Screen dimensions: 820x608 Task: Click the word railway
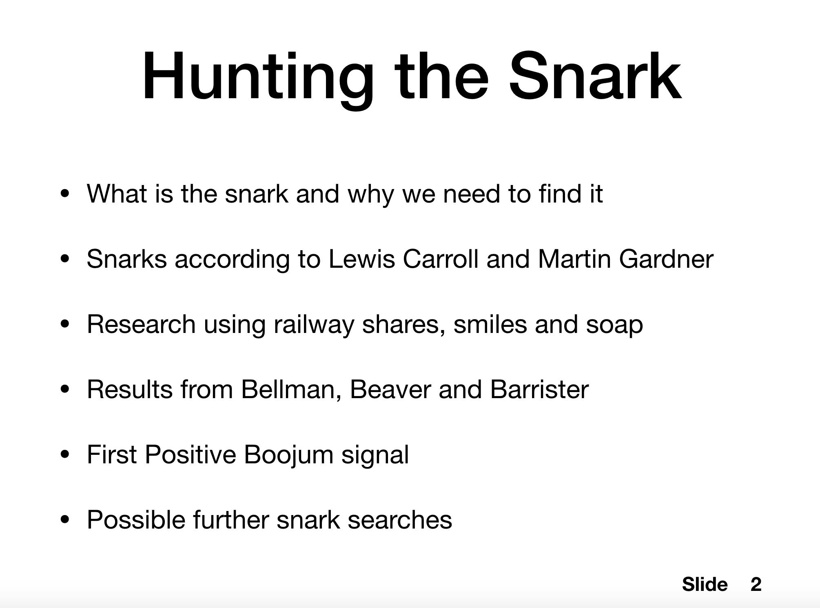[314, 325]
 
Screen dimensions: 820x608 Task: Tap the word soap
[614, 325]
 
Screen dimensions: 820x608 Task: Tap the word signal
[375, 455]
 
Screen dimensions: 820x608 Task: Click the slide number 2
[756, 584]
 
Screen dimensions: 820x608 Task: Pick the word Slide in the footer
[705, 584]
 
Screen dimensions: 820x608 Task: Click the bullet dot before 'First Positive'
[65, 455]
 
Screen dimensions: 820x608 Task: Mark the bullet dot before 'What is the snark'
[65, 194]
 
